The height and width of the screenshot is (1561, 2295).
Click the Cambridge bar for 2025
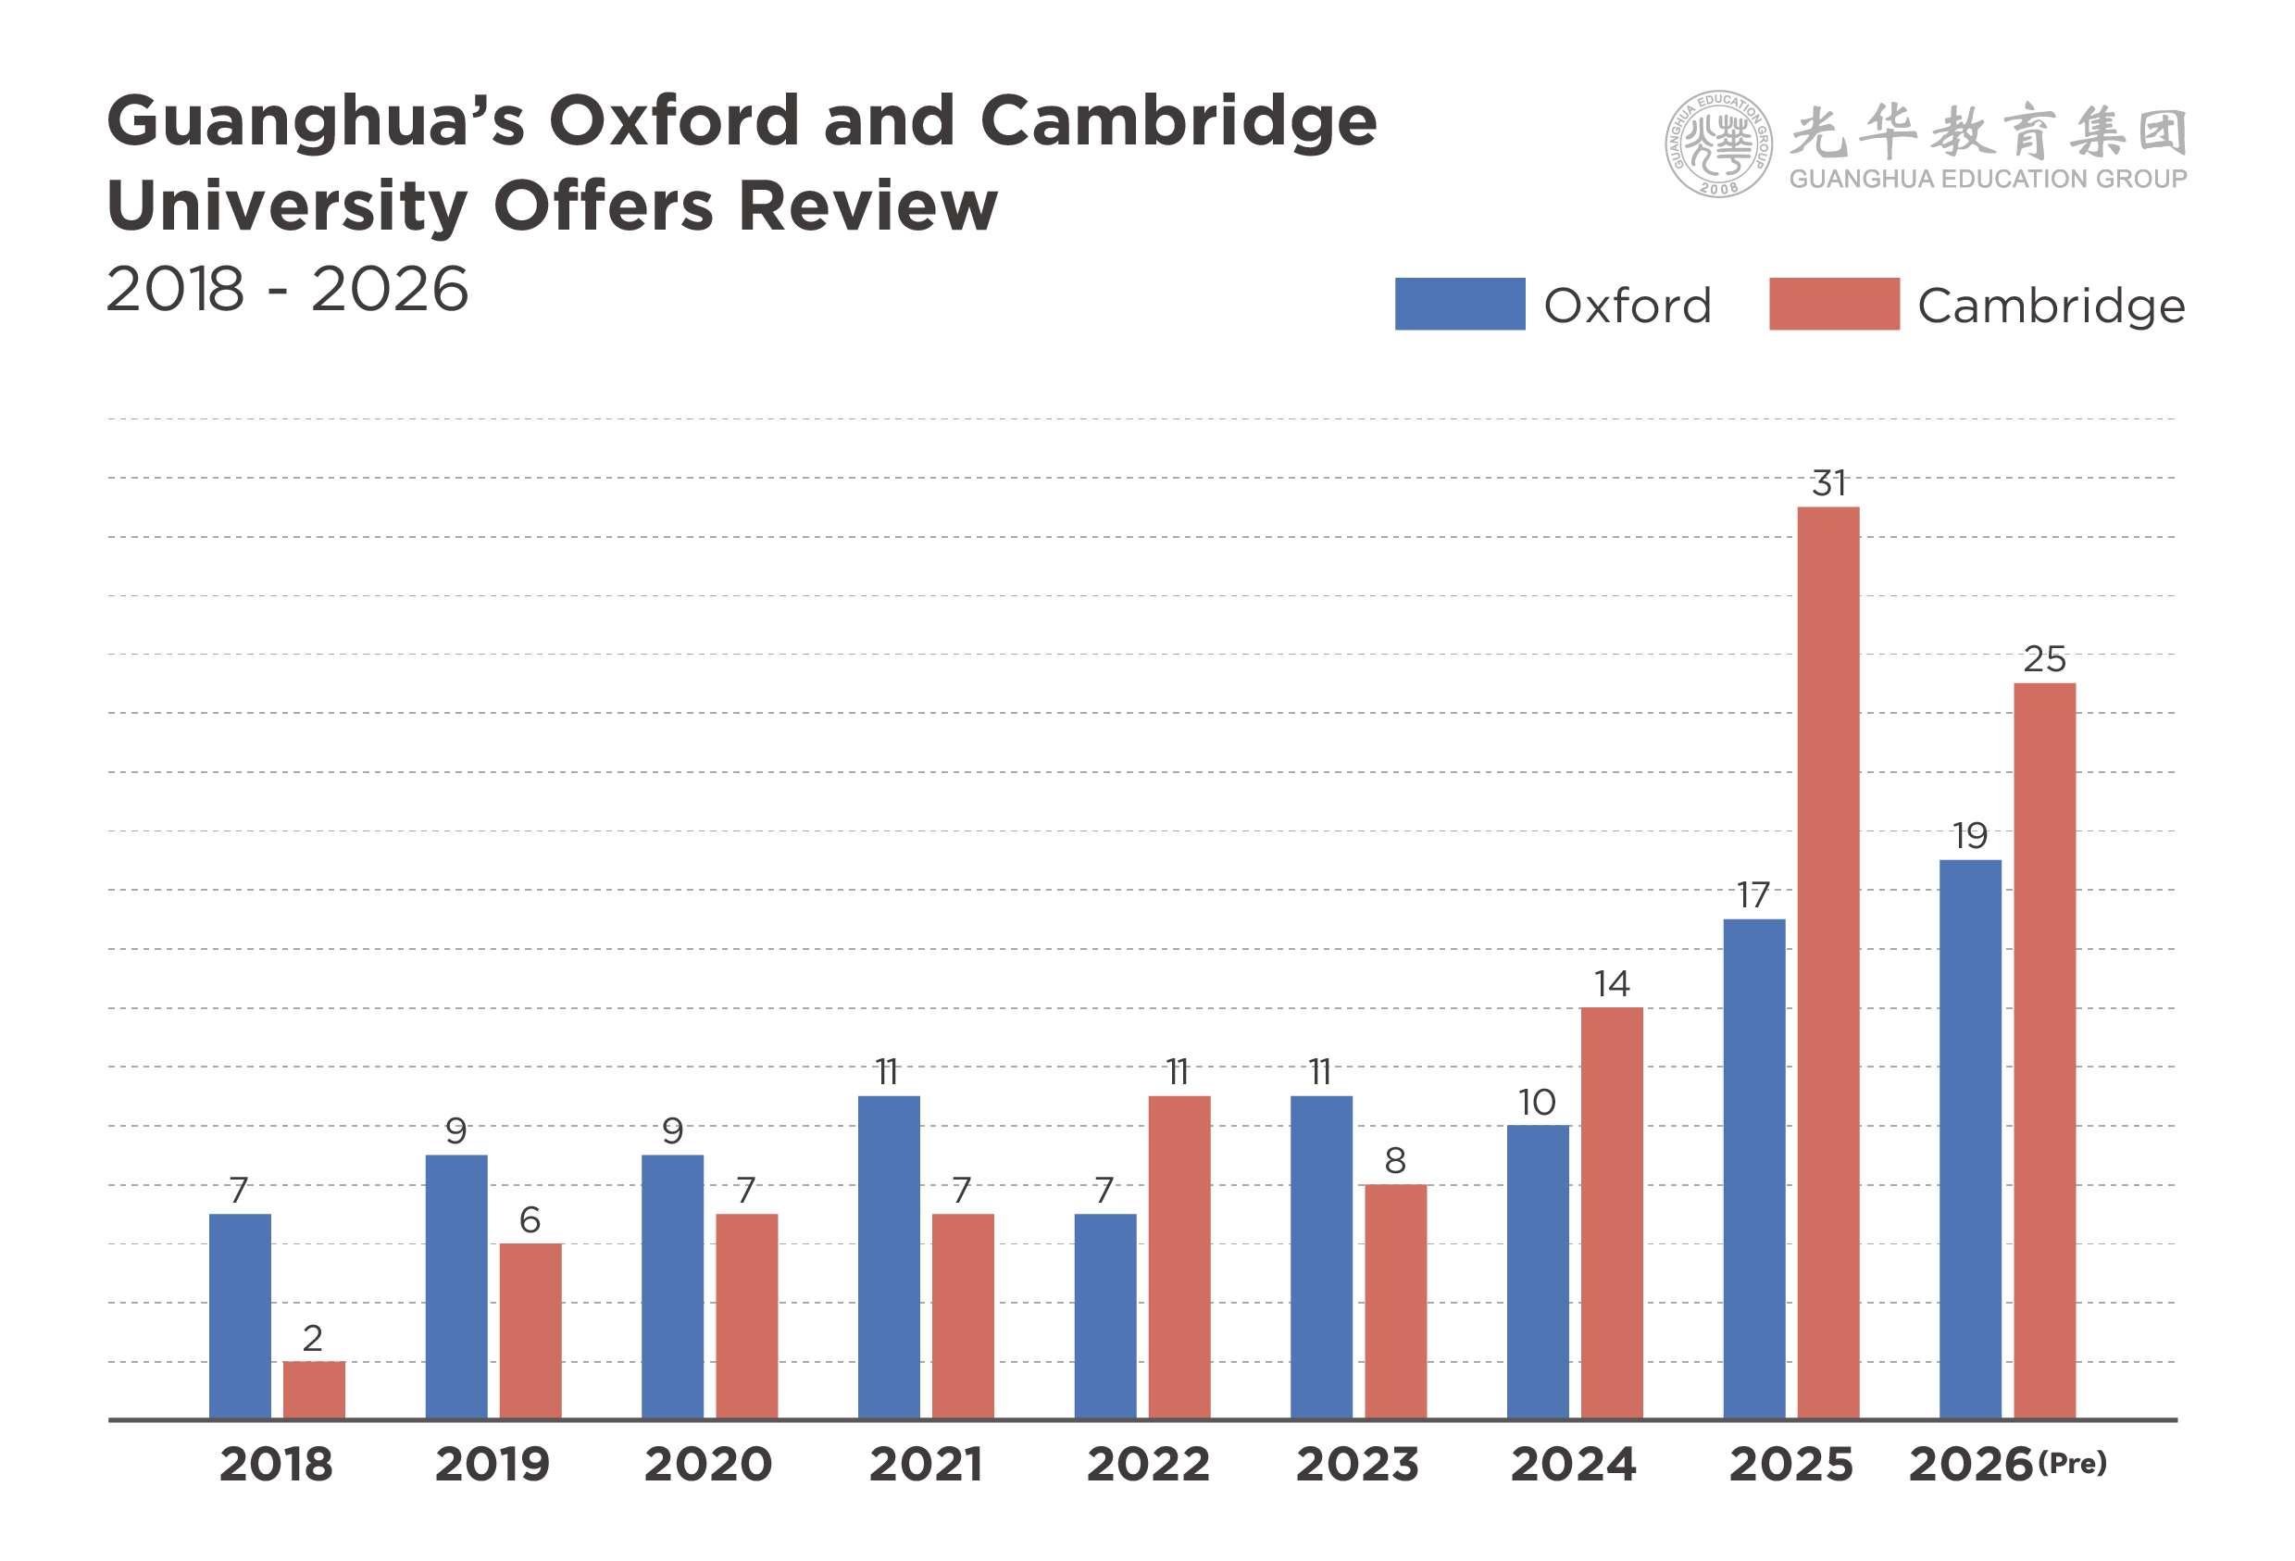pos(1827,963)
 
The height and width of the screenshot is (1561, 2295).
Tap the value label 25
pos(2044,659)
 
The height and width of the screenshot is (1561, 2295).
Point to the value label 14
pos(1612,983)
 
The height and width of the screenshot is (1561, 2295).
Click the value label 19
pos(1970,836)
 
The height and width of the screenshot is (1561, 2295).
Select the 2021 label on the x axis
pos(925,1463)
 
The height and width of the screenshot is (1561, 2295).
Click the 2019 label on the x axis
pos(492,1463)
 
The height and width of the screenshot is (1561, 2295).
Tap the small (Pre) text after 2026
pos(2072,1461)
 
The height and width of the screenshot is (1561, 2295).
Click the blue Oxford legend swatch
pos(1460,304)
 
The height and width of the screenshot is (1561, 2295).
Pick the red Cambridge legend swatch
pos(1834,304)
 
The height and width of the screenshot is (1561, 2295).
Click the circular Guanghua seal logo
pos(1717,144)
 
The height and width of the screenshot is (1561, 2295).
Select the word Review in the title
pos(868,206)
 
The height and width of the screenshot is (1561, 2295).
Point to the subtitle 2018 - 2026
pos(286,289)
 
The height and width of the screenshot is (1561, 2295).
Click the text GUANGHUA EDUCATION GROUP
pos(1988,179)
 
